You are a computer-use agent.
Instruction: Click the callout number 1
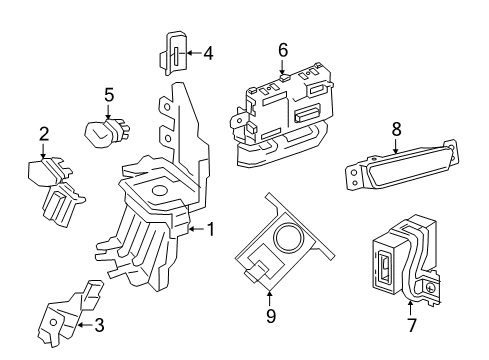(x=210, y=229)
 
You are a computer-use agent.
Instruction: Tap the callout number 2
(x=44, y=134)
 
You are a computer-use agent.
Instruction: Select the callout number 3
(x=98, y=324)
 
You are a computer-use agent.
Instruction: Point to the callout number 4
(x=208, y=53)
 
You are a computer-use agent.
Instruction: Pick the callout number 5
(x=109, y=96)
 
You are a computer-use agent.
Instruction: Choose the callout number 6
(x=283, y=48)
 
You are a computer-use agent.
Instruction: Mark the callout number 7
(x=410, y=326)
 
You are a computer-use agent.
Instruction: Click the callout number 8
(x=396, y=128)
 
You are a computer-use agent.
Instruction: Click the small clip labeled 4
(x=172, y=54)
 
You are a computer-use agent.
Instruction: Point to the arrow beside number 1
(x=195, y=229)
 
